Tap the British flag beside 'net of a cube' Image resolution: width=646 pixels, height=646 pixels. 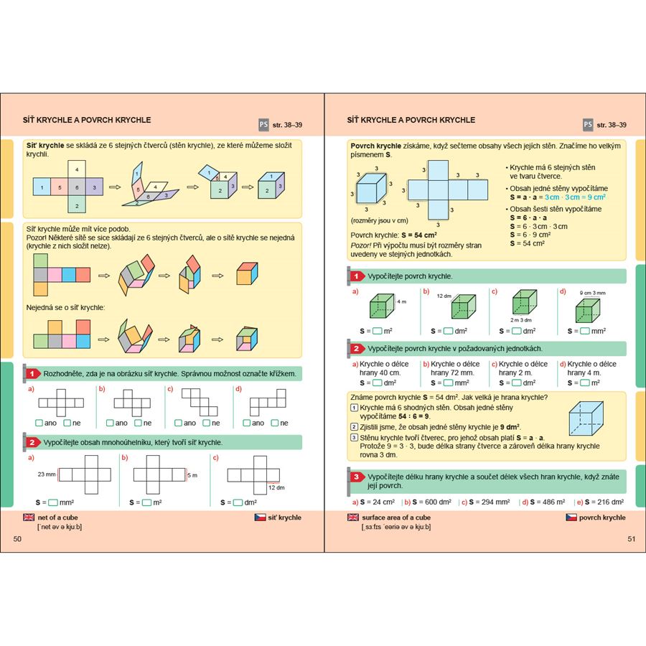point(29,517)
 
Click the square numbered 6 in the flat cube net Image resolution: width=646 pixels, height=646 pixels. point(77,188)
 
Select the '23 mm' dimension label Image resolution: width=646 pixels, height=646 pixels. point(45,474)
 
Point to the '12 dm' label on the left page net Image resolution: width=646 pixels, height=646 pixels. point(276,487)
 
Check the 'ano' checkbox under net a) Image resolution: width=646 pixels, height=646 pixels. point(39,423)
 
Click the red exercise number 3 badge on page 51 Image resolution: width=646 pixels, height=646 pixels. point(355,477)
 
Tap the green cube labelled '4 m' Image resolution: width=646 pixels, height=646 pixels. point(382,306)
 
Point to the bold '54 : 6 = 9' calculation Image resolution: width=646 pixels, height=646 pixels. point(410,416)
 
